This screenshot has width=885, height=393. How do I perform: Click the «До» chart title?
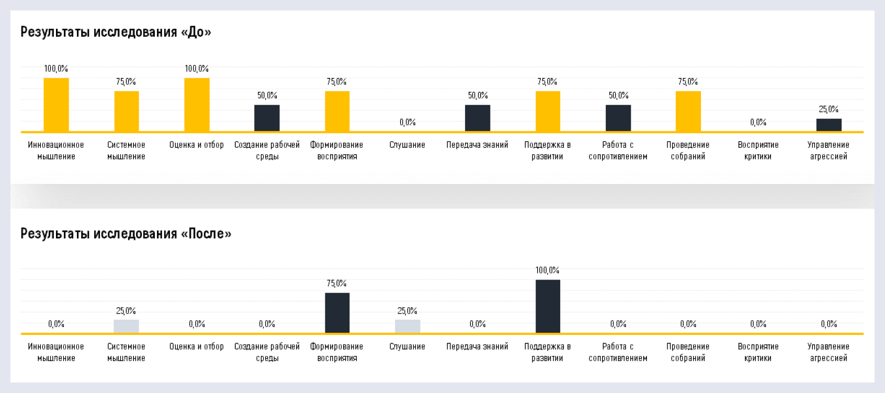tap(116, 32)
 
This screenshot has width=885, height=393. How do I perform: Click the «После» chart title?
tap(126, 234)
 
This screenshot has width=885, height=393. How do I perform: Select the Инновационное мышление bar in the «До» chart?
tap(56, 105)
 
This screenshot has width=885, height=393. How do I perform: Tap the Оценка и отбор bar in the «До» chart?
tap(197, 105)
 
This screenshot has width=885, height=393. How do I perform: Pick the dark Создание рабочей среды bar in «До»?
tap(267, 118)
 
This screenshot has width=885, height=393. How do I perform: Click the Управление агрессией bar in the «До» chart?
tap(829, 125)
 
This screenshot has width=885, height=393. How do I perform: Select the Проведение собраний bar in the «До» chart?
tap(688, 111)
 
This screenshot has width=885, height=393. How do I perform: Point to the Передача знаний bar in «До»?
tap(478, 118)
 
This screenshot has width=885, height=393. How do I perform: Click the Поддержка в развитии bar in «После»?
tap(548, 306)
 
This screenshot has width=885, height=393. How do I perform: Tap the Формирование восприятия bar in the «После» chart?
tap(337, 313)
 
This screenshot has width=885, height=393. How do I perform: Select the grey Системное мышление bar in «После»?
tap(126, 326)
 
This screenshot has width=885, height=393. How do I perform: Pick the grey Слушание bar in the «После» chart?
tap(407, 326)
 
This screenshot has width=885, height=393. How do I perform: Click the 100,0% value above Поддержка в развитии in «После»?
tap(548, 270)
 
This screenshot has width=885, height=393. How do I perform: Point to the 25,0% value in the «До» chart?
tap(829, 109)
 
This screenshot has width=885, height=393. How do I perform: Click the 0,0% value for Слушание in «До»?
tap(407, 122)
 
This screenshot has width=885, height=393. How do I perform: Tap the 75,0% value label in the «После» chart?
tap(337, 283)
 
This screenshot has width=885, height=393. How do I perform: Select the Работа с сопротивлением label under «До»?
tap(618, 151)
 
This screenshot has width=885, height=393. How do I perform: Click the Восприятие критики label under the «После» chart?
tap(758, 352)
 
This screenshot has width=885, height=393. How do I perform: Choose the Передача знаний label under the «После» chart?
tap(477, 346)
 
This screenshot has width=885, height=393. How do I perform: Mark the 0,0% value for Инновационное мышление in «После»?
tap(56, 324)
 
